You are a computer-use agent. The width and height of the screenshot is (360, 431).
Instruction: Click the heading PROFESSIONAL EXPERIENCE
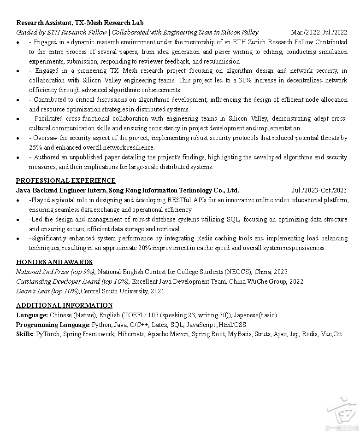[66, 181]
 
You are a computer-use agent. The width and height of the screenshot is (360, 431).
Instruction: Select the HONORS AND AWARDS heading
[54, 262]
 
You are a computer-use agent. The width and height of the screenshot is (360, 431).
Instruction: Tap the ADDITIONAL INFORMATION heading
[65, 305]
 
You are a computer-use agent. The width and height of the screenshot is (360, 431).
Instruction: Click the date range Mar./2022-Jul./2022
[319, 32]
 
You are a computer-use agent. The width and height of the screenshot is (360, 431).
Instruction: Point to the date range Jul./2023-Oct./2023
[319, 190]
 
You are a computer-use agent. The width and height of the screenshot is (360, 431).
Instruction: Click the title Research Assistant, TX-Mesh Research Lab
[80, 23]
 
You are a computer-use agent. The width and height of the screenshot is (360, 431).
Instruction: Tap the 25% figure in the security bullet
[35, 148]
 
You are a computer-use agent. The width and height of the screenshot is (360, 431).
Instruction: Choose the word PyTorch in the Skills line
[48, 334]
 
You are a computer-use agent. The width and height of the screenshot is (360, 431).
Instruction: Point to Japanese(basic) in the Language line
[255, 315]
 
